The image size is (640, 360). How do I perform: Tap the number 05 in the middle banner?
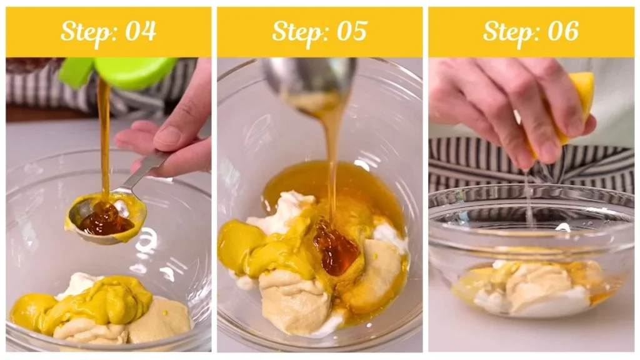point(351,31)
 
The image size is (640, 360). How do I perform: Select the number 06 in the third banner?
point(562,31)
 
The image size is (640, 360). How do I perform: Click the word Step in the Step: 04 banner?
point(84,31)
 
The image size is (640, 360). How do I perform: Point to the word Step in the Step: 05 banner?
point(296,31)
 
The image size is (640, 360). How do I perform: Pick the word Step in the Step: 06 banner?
point(507,31)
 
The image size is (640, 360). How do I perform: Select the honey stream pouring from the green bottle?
point(104,137)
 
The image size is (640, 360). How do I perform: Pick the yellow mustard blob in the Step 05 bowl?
point(241,245)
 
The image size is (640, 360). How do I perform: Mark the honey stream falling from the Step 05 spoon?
point(331,162)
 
